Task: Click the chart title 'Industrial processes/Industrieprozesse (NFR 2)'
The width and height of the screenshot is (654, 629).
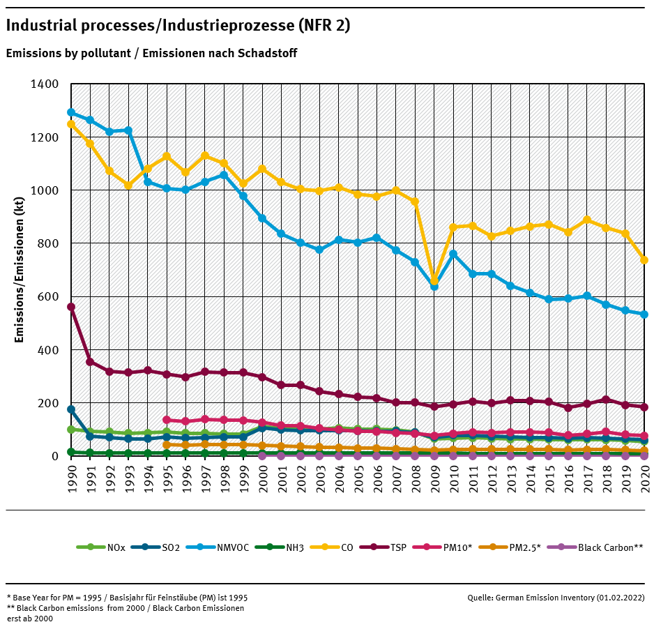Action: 178,26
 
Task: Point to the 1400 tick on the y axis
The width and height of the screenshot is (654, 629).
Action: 45,84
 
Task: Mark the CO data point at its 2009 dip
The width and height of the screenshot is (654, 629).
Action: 434,280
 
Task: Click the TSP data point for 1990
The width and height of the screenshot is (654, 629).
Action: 71,307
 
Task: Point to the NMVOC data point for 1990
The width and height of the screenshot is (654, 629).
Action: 71,112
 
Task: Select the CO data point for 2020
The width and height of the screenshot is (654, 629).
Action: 644,260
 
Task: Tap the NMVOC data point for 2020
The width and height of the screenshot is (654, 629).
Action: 644,314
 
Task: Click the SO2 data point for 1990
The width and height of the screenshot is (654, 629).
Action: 71,409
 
